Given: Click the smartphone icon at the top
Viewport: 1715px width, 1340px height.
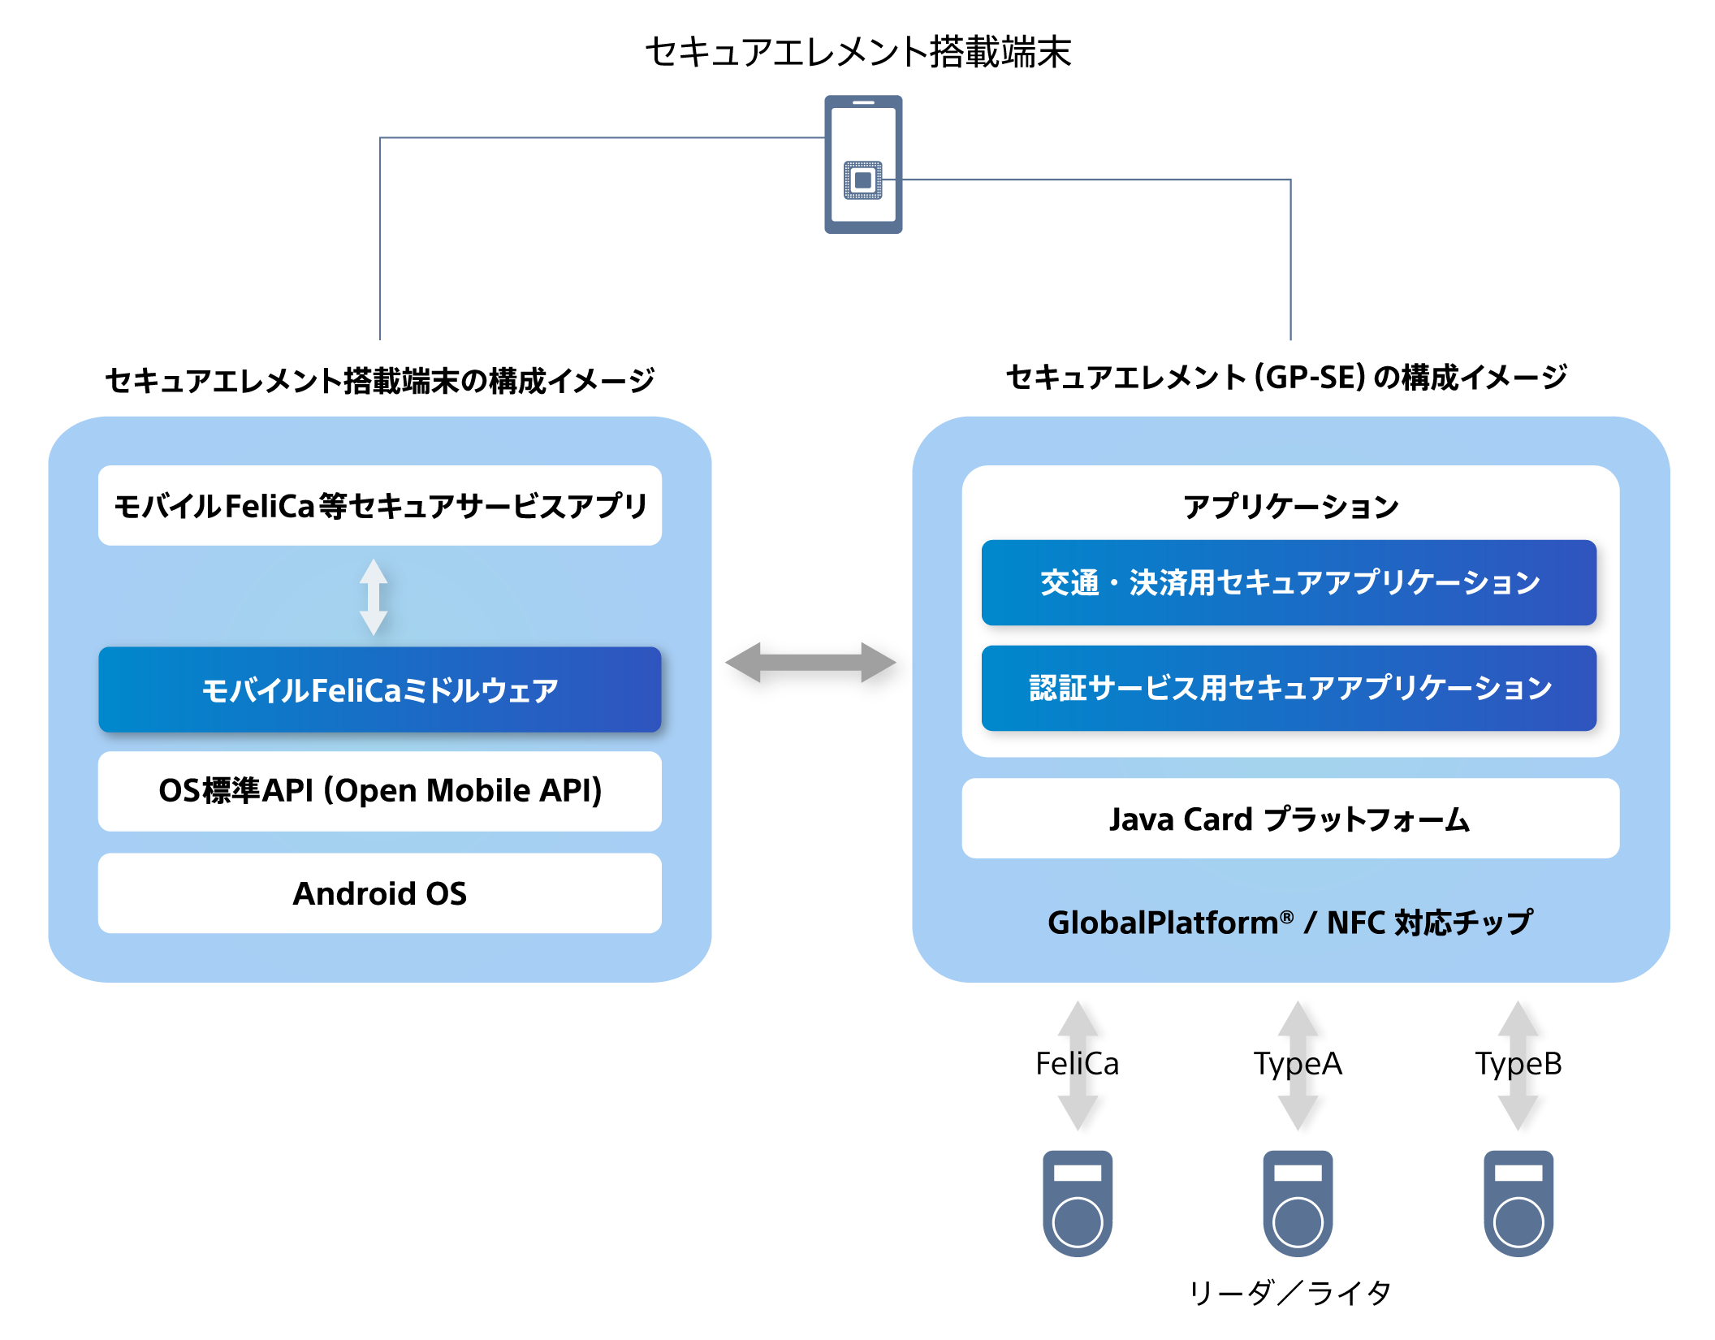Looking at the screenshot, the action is (x=863, y=164).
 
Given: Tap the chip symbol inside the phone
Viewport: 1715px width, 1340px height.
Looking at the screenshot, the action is (x=863, y=179).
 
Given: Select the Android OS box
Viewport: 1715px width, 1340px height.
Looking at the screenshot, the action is (x=380, y=893).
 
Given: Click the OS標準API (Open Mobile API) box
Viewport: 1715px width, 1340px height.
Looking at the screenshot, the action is (x=380, y=791).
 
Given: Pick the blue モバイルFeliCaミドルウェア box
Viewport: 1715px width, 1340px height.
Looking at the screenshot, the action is (x=380, y=690).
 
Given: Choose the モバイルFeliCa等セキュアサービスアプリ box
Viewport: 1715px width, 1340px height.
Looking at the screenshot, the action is (x=380, y=505).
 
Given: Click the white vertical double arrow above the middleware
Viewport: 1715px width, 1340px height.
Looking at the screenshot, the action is (x=374, y=597).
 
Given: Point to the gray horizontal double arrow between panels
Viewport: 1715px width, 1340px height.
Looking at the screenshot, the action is (x=811, y=663).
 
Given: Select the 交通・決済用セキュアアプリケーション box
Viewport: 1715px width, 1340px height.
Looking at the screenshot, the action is (x=1289, y=582).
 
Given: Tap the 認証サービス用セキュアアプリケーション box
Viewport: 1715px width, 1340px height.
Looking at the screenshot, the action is (x=1289, y=688).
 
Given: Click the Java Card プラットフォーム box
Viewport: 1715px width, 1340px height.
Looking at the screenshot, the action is (x=1290, y=819).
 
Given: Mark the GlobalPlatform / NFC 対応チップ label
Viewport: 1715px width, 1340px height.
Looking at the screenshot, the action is (x=1290, y=923).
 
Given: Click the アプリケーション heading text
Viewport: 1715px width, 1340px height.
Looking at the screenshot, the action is (x=1291, y=507).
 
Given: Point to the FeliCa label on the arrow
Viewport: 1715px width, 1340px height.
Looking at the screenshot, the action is (x=1078, y=1064).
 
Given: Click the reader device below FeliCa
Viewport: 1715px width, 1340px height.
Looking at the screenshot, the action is (x=1078, y=1204).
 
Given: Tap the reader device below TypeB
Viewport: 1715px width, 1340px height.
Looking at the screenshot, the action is (x=1518, y=1204).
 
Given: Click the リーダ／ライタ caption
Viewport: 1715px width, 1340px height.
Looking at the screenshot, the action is (x=1291, y=1292).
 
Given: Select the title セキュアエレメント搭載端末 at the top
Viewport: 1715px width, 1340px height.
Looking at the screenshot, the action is (x=858, y=52).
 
